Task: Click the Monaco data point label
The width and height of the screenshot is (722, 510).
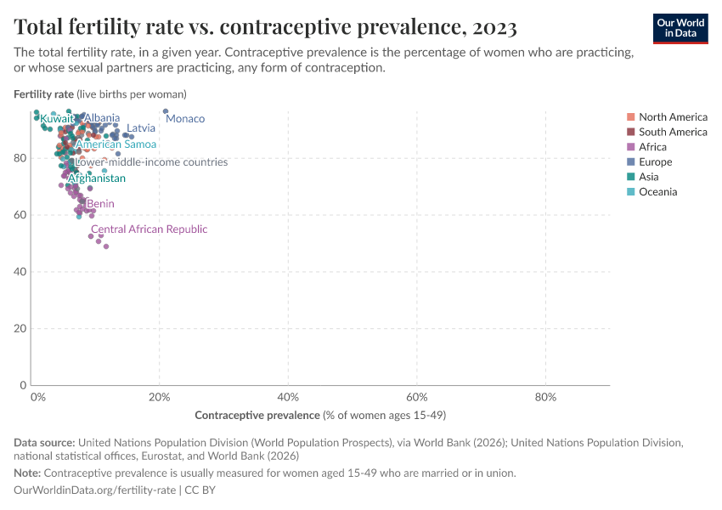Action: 185,119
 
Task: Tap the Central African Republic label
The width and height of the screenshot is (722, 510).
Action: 149,229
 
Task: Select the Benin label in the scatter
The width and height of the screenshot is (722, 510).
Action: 100,204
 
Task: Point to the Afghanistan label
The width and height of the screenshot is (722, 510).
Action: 96,178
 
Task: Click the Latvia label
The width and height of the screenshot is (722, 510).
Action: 141,128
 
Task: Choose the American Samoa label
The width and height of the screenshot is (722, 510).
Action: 116,144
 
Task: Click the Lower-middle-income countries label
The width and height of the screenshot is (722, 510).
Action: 151,161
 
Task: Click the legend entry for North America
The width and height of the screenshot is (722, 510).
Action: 673,116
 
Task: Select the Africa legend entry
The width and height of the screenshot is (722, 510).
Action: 652,147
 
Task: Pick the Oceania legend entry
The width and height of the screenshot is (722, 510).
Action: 657,192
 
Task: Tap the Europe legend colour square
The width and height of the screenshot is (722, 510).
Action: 629,161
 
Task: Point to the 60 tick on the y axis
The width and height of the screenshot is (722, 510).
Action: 21,215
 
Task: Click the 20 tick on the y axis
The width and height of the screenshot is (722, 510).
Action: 21,328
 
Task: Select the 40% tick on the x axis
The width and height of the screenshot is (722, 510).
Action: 288,397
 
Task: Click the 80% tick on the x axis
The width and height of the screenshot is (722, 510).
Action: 545,397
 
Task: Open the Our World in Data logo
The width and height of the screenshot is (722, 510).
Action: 680,28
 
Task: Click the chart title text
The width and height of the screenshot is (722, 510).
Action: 265,27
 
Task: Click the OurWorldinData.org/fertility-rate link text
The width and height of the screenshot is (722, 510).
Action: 95,490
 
